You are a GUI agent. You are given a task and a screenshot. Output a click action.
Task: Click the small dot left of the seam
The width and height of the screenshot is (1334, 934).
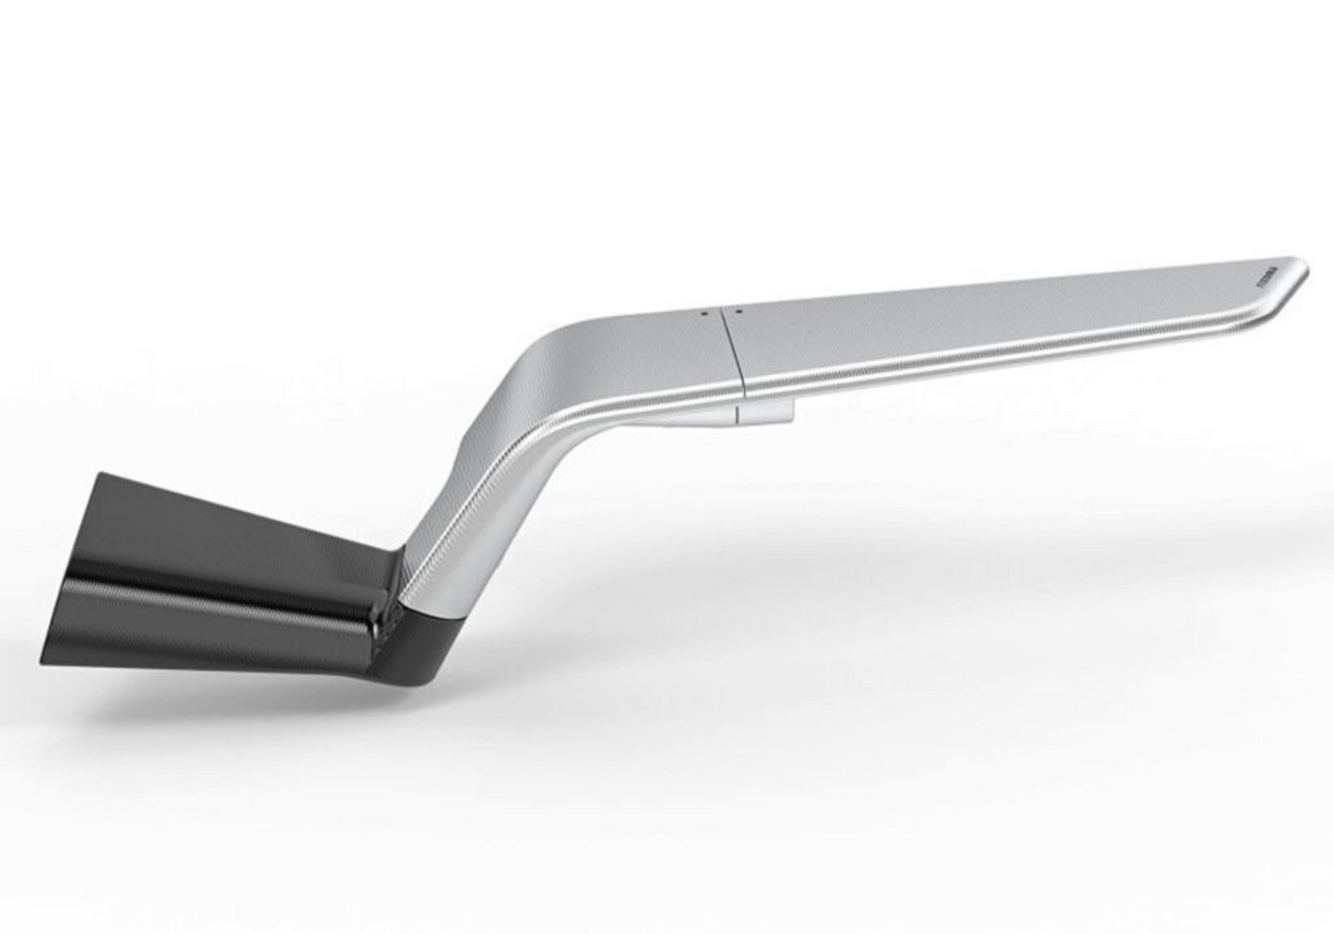(704, 313)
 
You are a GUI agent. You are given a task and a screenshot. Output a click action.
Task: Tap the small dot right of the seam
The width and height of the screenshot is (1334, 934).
(740, 310)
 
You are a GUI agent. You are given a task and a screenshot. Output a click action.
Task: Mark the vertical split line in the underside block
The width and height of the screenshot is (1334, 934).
(737, 413)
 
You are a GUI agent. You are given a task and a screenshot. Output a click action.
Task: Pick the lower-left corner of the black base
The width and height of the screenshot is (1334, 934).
(43, 661)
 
